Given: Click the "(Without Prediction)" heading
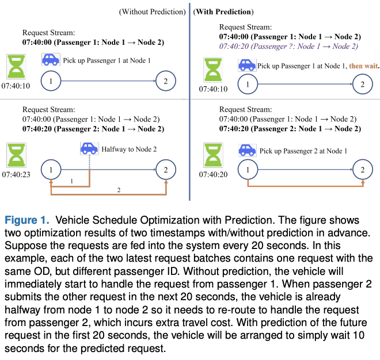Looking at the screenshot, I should tap(153, 12).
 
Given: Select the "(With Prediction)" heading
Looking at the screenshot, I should tap(223, 12).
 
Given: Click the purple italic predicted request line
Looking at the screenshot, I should tap(288, 46).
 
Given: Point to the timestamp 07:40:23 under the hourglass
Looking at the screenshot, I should tap(17, 173).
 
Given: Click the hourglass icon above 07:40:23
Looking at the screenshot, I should tap(17, 155).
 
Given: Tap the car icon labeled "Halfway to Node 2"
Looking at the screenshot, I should tap(89, 149).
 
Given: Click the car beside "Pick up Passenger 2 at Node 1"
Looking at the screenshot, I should tap(246, 151).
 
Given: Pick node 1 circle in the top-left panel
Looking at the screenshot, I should tap(51, 82).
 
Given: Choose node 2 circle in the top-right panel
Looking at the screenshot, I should tap(362, 85).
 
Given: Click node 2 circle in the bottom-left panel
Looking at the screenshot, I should tap(166, 170).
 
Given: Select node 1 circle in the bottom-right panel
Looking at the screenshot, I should tap(248, 170).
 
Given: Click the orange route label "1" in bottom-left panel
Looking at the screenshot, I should tap(71, 182).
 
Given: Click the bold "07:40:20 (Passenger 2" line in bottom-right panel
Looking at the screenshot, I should tap(288, 129).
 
